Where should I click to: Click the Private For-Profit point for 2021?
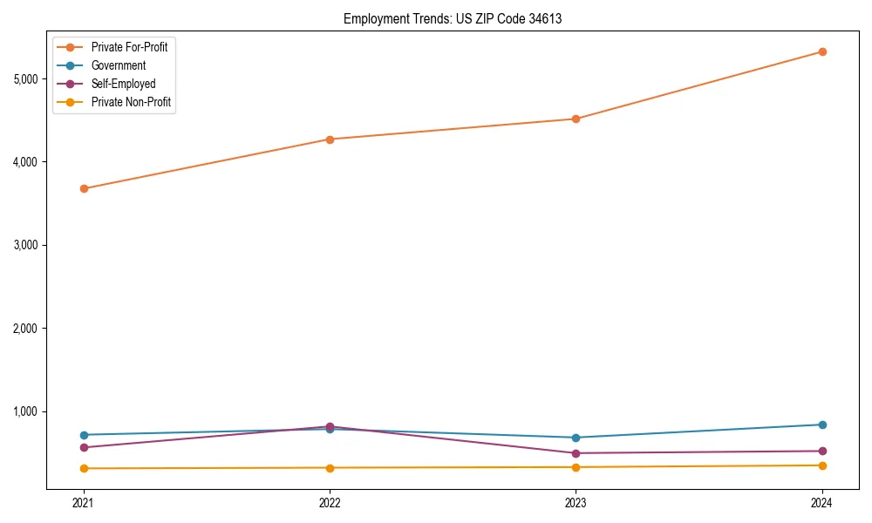pos(84,188)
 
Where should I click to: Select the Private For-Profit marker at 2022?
pos(330,139)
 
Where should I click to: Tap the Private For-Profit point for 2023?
pos(576,119)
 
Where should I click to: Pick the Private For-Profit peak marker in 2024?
pos(822,51)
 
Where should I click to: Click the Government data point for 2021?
pos(84,435)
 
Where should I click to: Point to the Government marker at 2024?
pos(822,425)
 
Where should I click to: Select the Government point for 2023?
pos(576,438)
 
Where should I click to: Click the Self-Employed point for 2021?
pos(84,447)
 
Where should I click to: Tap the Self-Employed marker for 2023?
pos(576,453)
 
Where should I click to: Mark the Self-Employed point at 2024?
pos(822,451)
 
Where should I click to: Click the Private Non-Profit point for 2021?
pos(84,468)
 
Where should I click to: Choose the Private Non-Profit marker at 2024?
pos(822,465)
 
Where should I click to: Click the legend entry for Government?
pos(118,65)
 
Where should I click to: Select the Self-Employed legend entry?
pos(123,84)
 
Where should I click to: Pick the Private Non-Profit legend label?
pos(131,102)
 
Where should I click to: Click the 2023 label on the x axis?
pos(576,502)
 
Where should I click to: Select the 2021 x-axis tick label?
pos(84,502)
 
